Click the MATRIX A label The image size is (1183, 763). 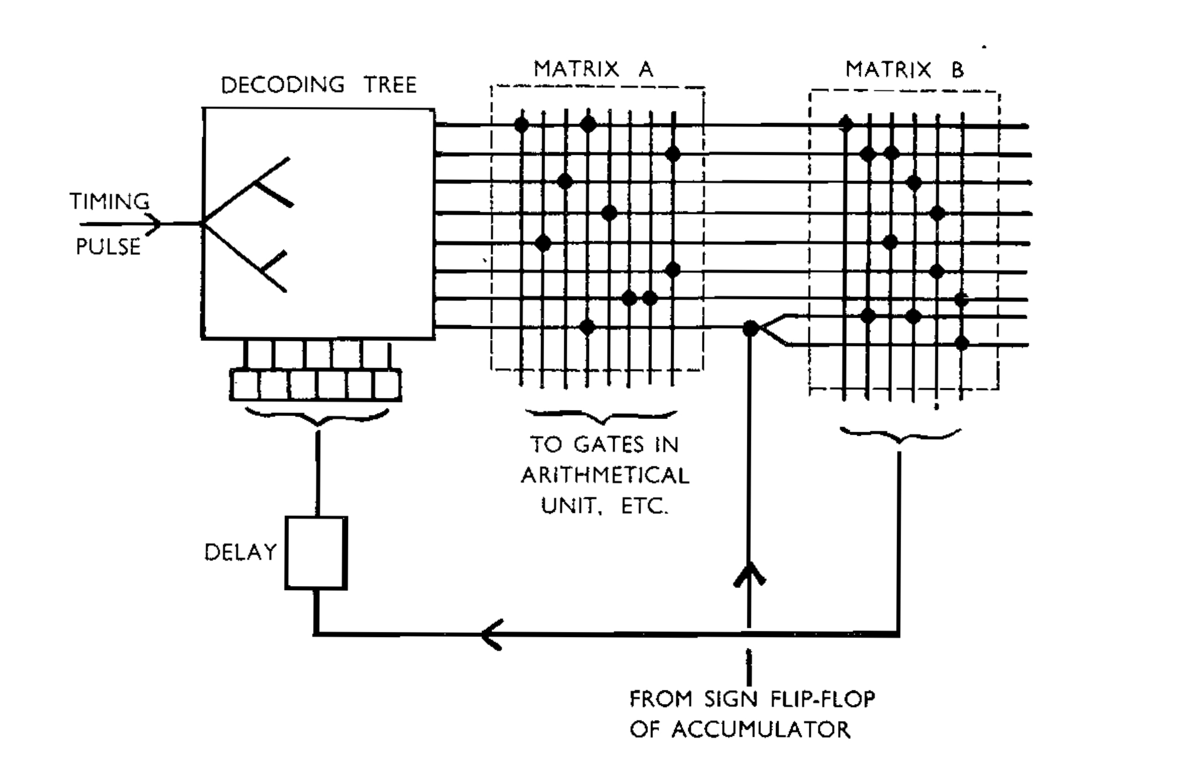(594, 69)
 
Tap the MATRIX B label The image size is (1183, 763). (905, 69)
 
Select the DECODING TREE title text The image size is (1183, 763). (319, 85)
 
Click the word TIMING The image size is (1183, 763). (109, 201)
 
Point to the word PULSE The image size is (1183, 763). (108, 247)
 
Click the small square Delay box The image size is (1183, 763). (316, 553)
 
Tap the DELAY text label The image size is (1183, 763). (241, 552)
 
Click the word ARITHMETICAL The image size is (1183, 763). (605, 475)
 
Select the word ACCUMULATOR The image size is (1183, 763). (760, 729)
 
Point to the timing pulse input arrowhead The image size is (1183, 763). (154, 223)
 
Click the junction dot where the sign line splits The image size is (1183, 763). (750, 329)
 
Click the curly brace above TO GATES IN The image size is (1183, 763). (601, 417)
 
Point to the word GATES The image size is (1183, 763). (609, 444)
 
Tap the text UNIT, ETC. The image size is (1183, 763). (605, 506)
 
